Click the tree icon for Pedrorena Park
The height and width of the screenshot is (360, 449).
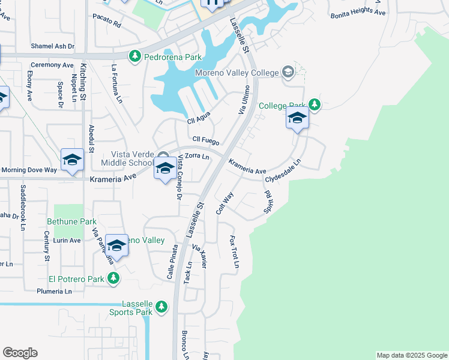[135, 56]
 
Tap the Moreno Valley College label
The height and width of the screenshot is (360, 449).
[237, 73]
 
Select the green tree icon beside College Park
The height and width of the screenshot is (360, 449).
[314, 106]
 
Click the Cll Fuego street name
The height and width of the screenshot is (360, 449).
[206, 140]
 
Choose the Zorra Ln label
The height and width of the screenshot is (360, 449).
[197, 157]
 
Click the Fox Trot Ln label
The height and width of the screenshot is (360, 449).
[234, 251]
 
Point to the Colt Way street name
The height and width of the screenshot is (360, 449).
[224, 203]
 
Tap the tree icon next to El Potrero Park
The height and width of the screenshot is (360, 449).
[113, 278]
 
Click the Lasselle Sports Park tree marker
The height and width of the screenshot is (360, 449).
[161, 307]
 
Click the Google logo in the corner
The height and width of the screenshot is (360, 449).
[20, 353]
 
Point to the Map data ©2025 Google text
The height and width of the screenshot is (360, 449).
[411, 355]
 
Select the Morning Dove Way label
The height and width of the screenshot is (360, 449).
[29, 170]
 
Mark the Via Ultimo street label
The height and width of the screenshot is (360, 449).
[244, 100]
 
